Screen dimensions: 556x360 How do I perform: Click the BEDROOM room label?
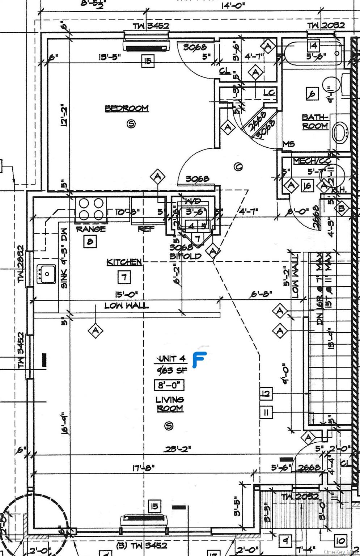point(127,108)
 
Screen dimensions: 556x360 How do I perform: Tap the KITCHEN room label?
point(124,262)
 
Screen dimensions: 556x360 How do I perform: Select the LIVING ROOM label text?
point(170,404)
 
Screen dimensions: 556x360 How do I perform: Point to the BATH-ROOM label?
point(315,122)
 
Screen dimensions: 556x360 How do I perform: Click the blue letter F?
point(199,360)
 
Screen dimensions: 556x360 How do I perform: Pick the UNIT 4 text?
point(172,359)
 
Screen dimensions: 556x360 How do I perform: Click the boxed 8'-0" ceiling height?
point(169,385)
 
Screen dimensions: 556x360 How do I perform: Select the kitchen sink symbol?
point(46,274)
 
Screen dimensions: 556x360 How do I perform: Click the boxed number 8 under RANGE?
point(90,241)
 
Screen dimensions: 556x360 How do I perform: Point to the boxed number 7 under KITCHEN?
point(124,278)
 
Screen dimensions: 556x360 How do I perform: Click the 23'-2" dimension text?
point(178,449)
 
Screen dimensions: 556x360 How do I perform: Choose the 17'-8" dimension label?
point(144,468)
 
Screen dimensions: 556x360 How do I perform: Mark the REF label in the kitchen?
point(146,229)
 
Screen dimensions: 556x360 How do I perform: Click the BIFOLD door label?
point(185,256)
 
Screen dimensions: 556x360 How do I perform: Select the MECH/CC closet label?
point(312,161)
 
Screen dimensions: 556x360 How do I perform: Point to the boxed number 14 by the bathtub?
point(313,46)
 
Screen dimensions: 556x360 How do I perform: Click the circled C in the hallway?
point(238,167)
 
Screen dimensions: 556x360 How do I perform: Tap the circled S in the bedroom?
point(131,124)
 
